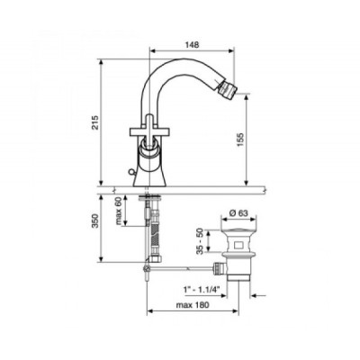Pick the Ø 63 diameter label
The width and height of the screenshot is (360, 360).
pyautogui.click(x=239, y=213)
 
